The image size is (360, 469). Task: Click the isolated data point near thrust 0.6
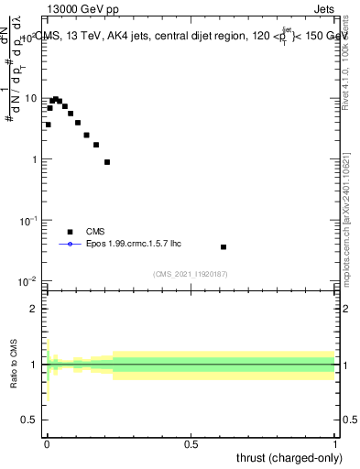[224, 246]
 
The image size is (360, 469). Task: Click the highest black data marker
[55, 99]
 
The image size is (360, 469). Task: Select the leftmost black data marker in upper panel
[48, 125]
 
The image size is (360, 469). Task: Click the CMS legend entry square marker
[70, 232]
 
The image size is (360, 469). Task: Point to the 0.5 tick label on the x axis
[191, 442]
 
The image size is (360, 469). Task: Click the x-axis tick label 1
[335, 442]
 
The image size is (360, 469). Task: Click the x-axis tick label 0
[47, 442]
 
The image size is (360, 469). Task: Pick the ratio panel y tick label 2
[33, 308]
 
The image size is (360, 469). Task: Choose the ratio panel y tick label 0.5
[27, 421]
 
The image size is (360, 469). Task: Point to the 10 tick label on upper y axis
[29, 98]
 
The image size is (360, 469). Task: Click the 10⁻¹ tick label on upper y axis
[28, 220]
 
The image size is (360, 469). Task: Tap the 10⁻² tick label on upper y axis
[28, 280]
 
